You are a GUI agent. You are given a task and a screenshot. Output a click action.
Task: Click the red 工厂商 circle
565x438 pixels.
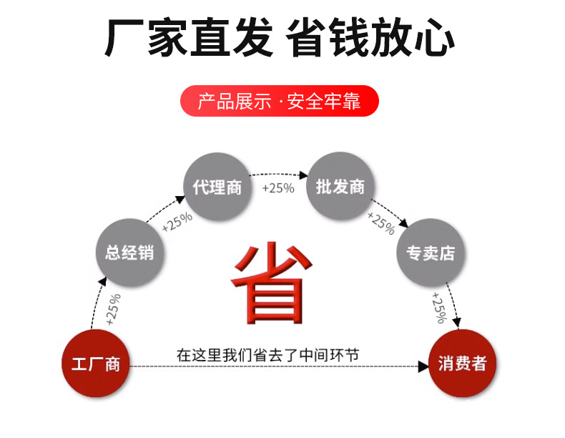95,364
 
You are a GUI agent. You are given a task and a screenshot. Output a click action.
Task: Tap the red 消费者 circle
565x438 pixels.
462,364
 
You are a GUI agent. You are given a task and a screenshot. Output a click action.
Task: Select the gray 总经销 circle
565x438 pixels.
129,252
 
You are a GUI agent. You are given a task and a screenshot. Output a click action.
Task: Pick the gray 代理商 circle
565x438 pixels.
217,188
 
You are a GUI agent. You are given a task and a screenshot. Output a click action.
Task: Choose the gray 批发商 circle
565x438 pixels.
340,188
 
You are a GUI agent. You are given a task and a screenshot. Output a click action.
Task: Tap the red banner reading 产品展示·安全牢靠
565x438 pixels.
278,101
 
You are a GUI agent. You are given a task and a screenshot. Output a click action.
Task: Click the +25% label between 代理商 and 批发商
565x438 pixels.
278,188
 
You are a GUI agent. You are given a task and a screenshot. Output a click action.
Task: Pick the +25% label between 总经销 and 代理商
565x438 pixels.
177,223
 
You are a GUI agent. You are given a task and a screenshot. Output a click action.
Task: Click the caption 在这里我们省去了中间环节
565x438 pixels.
267,355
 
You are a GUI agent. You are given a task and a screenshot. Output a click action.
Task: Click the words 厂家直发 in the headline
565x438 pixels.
189,37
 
